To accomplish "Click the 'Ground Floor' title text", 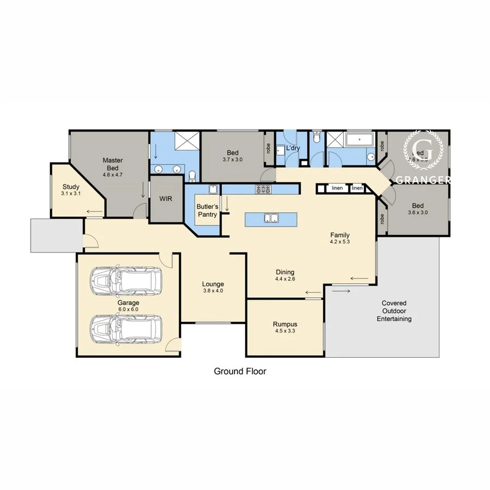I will click(x=240, y=371).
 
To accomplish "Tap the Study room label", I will click(x=71, y=187).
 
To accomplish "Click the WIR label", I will click(x=166, y=199).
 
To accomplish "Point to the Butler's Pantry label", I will click(x=207, y=211).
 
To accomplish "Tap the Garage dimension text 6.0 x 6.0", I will click(x=128, y=309).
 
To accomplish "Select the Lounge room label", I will click(x=213, y=284).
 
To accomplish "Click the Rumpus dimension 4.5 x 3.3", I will click(x=285, y=330).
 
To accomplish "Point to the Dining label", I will click(x=285, y=272).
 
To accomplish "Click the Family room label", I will click(x=339, y=235).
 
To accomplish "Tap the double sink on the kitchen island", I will click(x=271, y=219).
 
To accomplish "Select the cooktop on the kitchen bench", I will click(x=264, y=189).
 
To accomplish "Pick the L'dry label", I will click(x=293, y=148).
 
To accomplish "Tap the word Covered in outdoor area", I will click(x=394, y=303).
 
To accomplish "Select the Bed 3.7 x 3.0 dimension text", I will click(x=232, y=160).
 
